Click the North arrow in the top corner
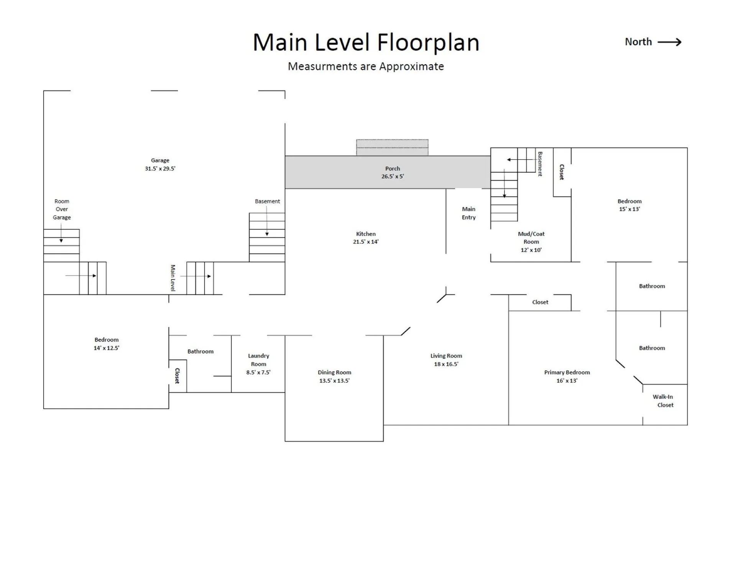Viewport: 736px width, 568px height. pos(670,42)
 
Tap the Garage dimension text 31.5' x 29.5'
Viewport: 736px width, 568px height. pos(160,169)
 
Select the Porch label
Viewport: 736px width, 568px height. pos(393,168)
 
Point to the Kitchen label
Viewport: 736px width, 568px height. pos(366,234)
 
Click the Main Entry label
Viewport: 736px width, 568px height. pos(468,213)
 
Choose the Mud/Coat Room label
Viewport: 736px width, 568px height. pos(531,238)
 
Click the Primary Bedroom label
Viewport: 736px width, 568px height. pos(567,372)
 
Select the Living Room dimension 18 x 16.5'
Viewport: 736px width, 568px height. pos(446,364)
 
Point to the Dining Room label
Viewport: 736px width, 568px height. pos(334,372)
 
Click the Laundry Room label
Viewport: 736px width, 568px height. pos(258,360)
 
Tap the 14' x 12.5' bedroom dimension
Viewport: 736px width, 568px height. pos(107,348)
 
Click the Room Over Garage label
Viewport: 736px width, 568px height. pos(62,209)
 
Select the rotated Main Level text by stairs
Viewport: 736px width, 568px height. pos(173,278)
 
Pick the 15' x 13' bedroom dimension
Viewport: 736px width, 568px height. pos(629,209)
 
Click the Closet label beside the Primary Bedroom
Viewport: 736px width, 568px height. pos(540,302)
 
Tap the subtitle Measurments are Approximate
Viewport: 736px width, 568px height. pos(366,66)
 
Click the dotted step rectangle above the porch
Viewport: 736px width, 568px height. pos(392,148)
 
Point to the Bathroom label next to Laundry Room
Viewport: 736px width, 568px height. pos(200,351)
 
